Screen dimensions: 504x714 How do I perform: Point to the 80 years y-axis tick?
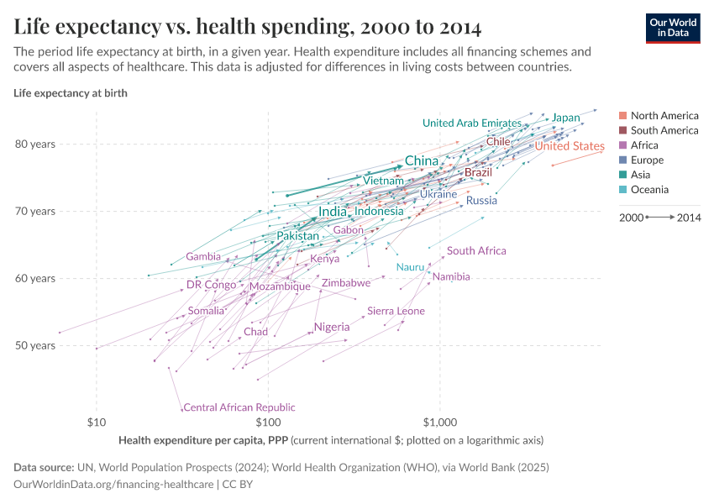(x=35, y=144)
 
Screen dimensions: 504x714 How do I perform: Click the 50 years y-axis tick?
(x=35, y=345)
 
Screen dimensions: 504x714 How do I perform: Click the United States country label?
(x=570, y=146)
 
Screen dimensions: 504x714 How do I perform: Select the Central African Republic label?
(x=239, y=407)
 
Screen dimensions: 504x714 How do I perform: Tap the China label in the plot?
(x=422, y=160)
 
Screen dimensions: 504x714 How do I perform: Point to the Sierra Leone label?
(x=396, y=311)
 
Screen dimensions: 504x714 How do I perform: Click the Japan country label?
(x=565, y=118)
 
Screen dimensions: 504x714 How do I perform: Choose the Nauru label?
(x=410, y=267)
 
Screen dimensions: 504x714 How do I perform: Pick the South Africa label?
(x=476, y=250)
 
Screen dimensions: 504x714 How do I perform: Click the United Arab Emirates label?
(x=472, y=123)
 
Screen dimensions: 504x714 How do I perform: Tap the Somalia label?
(x=206, y=311)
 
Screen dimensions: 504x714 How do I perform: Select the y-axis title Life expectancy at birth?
(x=71, y=92)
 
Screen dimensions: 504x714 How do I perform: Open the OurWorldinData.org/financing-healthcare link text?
(x=114, y=485)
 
